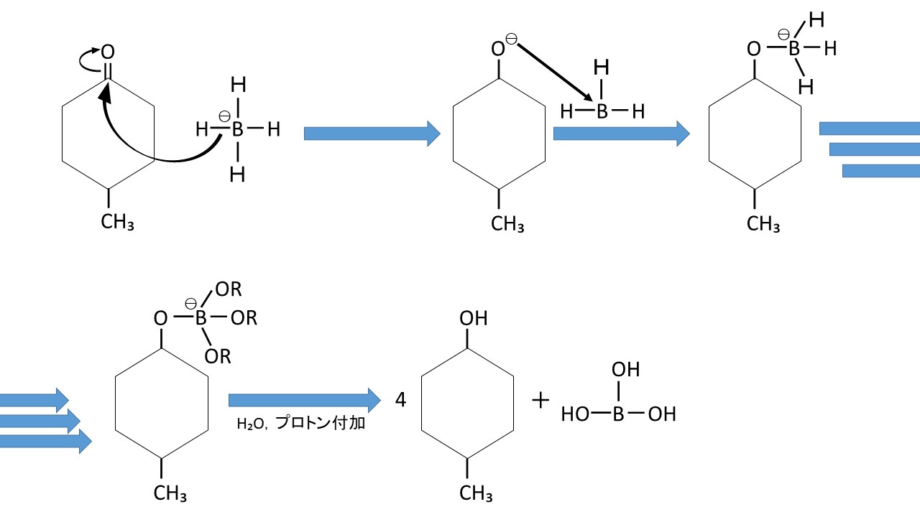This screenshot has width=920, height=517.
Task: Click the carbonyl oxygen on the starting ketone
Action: [x=108, y=52]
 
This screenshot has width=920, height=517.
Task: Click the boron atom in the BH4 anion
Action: [x=238, y=130]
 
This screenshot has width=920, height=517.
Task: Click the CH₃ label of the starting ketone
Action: [x=117, y=220]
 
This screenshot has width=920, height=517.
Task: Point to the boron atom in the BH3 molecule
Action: [x=602, y=111]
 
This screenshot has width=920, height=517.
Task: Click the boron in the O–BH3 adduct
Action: [x=793, y=49]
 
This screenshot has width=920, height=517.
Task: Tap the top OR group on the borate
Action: [x=229, y=290]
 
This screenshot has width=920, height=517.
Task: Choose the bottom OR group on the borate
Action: [x=217, y=356]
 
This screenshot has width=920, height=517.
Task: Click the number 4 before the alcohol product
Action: [x=401, y=400]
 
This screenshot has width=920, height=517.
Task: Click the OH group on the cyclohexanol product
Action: [x=473, y=317]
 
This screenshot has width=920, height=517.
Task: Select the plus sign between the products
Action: [x=540, y=400]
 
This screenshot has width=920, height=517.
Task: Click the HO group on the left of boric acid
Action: [x=576, y=414]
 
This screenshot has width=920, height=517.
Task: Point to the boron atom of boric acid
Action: [x=617, y=414]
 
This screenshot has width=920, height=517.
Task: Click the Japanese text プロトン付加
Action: [x=321, y=424]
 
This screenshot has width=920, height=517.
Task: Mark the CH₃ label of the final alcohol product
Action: [x=476, y=493]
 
